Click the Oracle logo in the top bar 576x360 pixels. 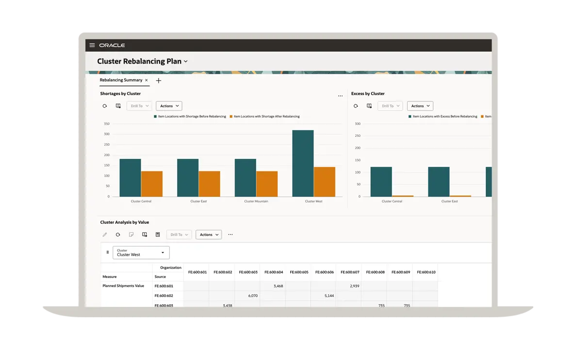[x=112, y=45]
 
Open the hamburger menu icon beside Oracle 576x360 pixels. [x=92, y=45]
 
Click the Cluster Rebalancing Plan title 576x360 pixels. [x=139, y=62]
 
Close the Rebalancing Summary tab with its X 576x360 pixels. [x=147, y=80]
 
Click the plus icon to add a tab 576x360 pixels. [x=159, y=81]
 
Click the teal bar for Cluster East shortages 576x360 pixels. [x=188, y=178]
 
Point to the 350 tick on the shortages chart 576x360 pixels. [x=106, y=124]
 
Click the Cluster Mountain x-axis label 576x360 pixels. [x=256, y=201]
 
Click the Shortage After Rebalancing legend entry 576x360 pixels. [x=266, y=116]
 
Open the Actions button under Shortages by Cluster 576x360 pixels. [x=169, y=106]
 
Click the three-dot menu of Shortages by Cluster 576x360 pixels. [x=340, y=96]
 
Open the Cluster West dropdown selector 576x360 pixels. [x=141, y=252]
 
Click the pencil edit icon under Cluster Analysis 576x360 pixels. [x=104, y=235]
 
